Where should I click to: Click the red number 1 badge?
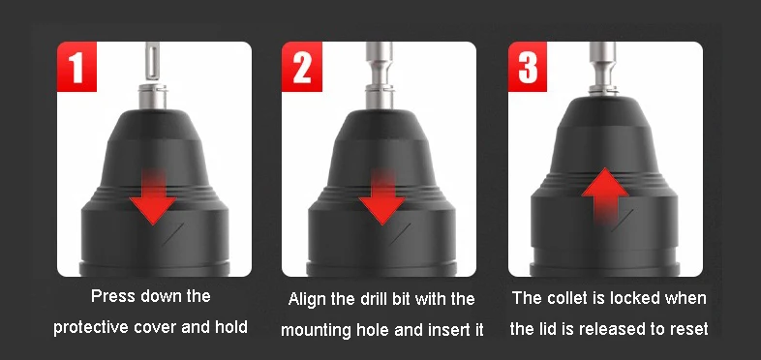[76, 67]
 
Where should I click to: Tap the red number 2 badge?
[301, 67]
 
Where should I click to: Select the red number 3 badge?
[528, 67]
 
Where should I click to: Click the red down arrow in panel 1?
[153, 196]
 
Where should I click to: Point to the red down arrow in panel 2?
[383, 196]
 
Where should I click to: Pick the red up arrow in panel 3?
[605, 195]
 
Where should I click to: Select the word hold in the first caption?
[231, 327]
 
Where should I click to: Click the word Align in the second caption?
[305, 298]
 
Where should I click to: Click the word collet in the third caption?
[563, 297]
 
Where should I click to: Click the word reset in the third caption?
[690, 329]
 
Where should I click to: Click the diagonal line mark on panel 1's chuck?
[172, 234]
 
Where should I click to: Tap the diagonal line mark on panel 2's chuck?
[401, 234]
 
